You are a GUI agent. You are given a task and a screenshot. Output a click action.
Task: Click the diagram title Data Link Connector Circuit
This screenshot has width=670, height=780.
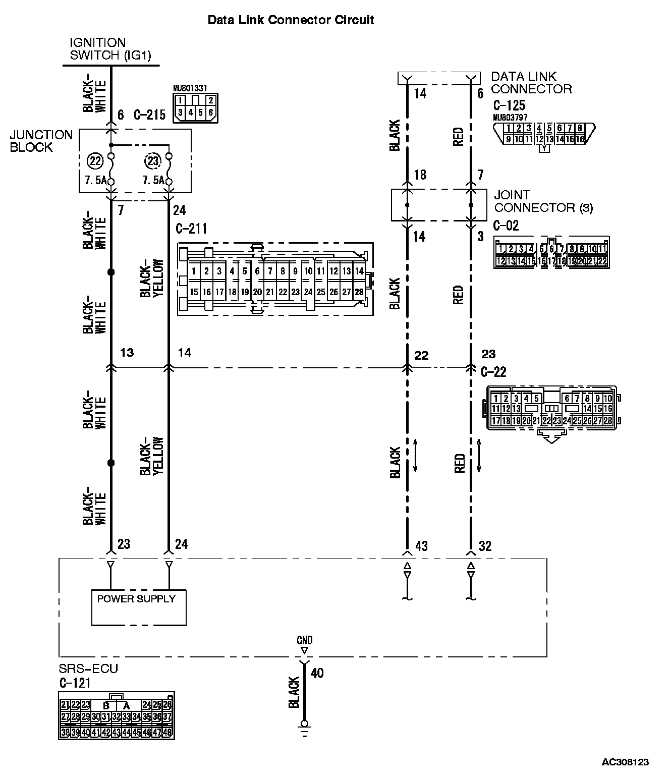coord(291,20)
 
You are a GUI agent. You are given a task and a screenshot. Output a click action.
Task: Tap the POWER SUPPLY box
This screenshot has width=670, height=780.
coord(139,607)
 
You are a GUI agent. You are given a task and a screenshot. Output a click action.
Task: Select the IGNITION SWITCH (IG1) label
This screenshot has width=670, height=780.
coord(110,49)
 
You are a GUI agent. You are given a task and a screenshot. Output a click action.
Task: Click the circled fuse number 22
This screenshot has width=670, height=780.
coord(94,161)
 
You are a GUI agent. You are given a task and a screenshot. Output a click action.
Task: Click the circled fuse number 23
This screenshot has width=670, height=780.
coord(152,161)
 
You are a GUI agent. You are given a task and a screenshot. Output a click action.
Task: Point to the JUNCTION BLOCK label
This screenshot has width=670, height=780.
coord(41,141)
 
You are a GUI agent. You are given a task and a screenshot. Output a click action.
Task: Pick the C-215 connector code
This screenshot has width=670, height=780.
coord(149,115)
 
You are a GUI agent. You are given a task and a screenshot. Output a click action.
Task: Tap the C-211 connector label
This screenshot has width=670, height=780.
coord(191,229)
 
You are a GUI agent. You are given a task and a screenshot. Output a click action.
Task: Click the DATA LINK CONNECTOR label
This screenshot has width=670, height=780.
coord(531,83)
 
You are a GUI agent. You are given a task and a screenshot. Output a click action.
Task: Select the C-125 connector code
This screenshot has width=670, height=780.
coord(509,105)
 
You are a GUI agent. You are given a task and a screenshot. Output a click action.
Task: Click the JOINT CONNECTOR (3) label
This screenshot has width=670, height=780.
coord(543,201)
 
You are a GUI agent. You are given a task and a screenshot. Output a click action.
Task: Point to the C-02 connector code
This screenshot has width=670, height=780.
coord(506,225)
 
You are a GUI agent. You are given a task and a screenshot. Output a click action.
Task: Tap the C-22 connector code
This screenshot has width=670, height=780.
coord(493,372)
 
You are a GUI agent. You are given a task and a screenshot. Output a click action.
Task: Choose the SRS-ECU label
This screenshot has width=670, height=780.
coord(88,669)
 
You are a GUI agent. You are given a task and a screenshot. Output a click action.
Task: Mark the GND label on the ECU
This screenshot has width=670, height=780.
coord(304,640)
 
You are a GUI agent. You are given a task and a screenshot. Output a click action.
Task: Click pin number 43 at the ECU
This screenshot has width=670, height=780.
coord(421,546)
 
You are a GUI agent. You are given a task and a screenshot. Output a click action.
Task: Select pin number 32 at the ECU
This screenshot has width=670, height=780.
coord(485,546)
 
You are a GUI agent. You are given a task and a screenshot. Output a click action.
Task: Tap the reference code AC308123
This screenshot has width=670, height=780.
coord(625,761)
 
